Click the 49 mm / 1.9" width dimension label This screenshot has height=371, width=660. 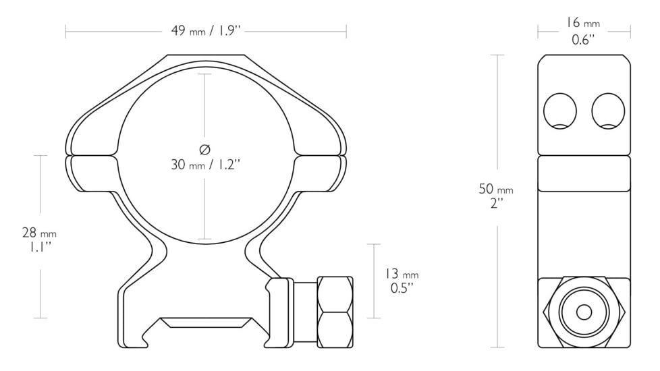point(205,31)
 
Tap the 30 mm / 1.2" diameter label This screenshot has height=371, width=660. point(205,165)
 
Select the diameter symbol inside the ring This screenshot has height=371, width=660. point(204,149)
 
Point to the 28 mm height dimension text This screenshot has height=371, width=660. point(39,239)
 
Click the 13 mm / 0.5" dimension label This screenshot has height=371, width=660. point(402,281)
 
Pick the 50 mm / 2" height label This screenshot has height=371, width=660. point(496,196)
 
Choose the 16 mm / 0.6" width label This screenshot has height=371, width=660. point(583,31)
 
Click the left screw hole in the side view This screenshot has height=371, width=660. point(560,111)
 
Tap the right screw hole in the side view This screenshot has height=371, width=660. point(608,111)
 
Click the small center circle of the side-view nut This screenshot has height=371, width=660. point(584,312)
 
